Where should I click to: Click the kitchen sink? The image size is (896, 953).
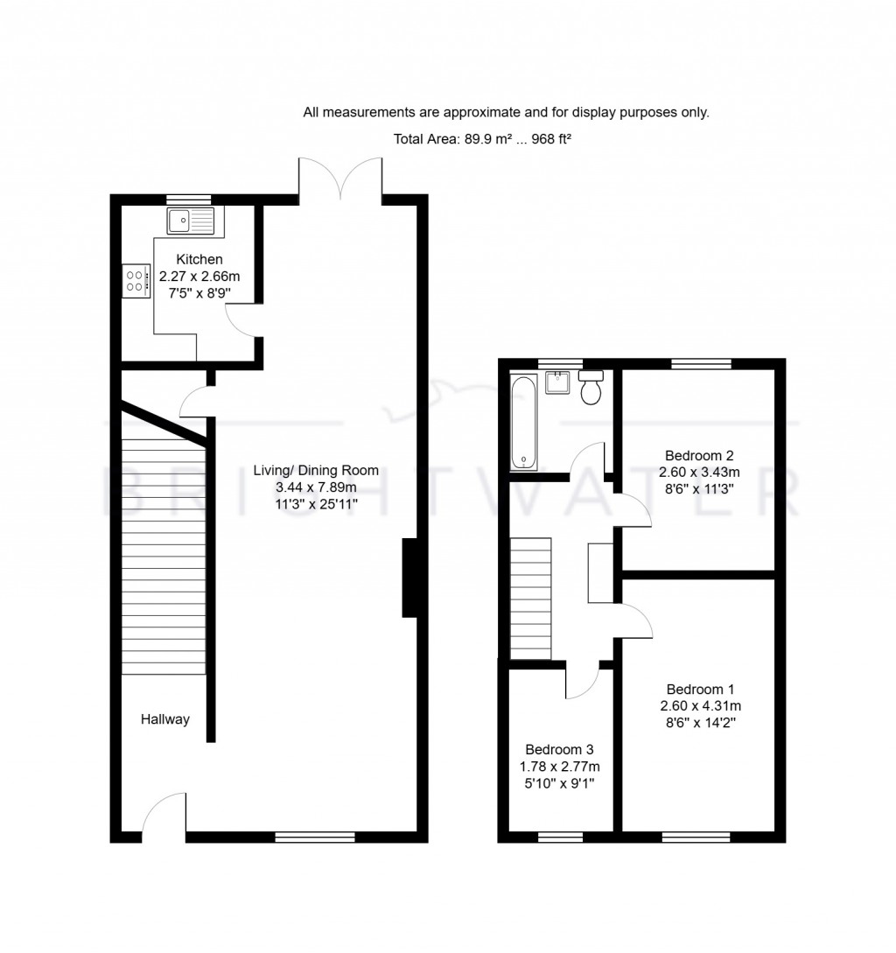(191, 221)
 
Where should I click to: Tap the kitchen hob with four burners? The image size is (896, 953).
(136, 281)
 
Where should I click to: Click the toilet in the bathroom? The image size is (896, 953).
(591, 386)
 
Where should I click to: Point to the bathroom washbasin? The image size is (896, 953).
(557, 382)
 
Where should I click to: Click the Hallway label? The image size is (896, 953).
(165, 719)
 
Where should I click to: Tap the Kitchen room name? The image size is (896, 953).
(199, 259)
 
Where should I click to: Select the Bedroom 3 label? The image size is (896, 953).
(559, 749)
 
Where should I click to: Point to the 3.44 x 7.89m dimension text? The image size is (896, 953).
(316, 487)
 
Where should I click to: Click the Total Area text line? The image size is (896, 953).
(482, 138)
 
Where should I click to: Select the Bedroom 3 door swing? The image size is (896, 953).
(581, 681)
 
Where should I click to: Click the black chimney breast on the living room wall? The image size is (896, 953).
(409, 578)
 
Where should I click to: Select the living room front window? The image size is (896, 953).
(315, 837)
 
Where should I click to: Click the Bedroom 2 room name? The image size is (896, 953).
(698, 455)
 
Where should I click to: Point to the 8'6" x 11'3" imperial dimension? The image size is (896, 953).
(698, 488)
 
